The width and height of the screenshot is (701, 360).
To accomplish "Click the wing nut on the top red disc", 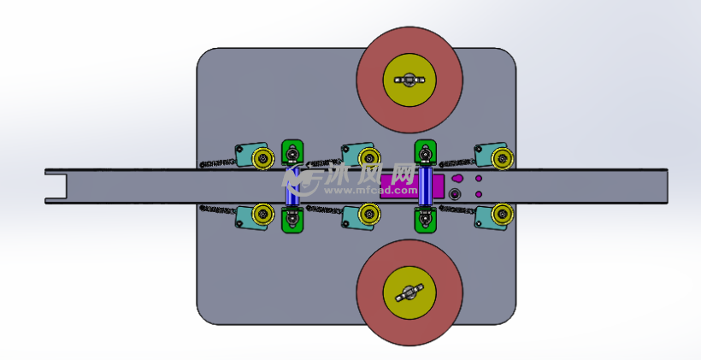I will point(409,80).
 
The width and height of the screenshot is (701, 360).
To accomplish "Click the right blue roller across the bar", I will point(425,186).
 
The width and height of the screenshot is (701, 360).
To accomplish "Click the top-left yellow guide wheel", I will point(263,156).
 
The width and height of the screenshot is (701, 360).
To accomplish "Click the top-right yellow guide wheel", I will point(501,157).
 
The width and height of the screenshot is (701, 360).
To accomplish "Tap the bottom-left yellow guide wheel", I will point(262,214).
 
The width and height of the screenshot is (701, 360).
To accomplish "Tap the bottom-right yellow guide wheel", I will point(501,214).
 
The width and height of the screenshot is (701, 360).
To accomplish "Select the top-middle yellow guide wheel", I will point(368,156).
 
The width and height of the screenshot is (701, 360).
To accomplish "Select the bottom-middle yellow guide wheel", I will point(368,214).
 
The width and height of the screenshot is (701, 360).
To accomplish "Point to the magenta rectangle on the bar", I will point(398,179).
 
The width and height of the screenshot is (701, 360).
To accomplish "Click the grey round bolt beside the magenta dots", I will point(454,195).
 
